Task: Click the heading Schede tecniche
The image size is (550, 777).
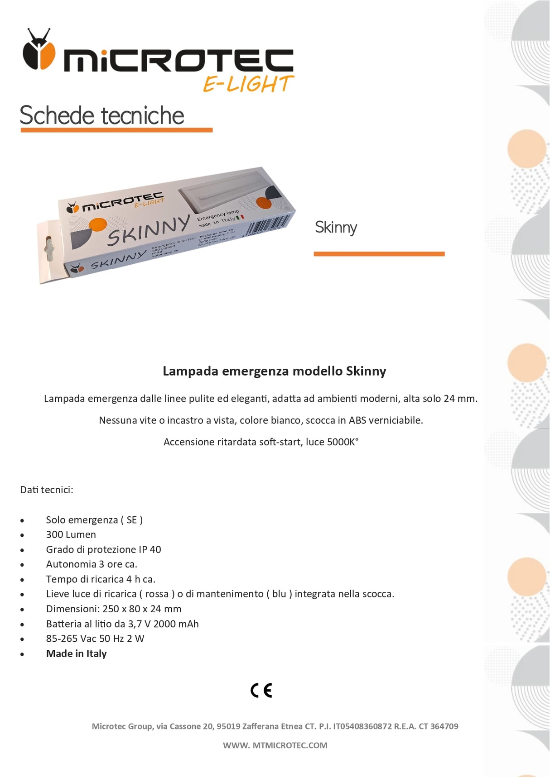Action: pyautogui.click(x=102, y=115)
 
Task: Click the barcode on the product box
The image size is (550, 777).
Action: pyautogui.click(x=267, y=225)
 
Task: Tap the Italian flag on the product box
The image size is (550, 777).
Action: pyautogui.click(x=240, y=218)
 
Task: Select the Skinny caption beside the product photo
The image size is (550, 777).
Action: pyautogui.click(x=336, y=227)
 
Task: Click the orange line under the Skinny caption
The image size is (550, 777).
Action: pyautogui.click(x=379, y=254)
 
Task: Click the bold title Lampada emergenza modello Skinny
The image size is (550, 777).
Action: pyautogui.click(x=274, y=371)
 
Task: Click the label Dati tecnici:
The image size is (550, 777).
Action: pyautogui.click(x=47, y=490)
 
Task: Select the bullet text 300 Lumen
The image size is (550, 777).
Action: pyautogui.click(x=71, y=535)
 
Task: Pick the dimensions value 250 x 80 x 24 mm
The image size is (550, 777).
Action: pyautogui.click(x=142, y=609)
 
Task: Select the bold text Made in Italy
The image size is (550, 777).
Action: pyautogui.click(x=77, y=654)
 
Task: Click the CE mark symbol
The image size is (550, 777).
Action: pyautogui.click(x=261, y=691)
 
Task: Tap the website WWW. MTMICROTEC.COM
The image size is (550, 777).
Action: pyautogui.click(x=275, y=745)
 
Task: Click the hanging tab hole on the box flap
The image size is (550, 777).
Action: pyautogui.click(x=49, y=248)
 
